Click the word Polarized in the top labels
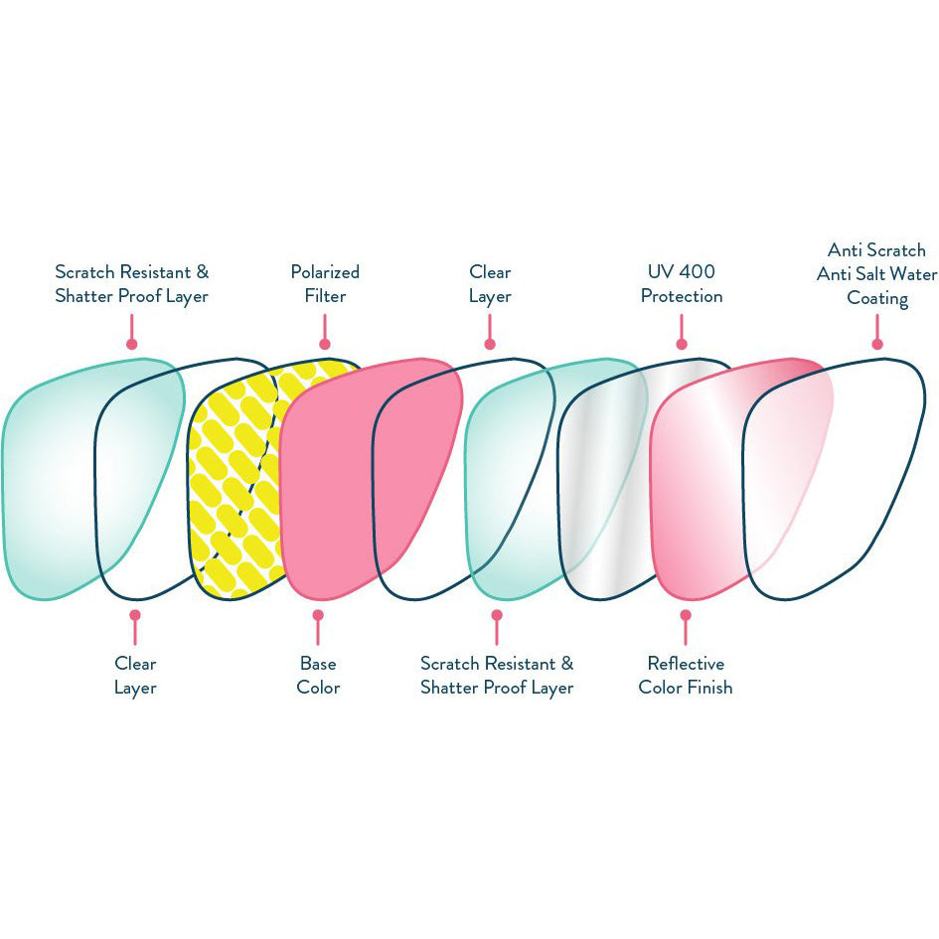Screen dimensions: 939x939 click(325, 272)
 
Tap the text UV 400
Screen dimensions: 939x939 click(681, 272)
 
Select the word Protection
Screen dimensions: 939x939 click(681, 296)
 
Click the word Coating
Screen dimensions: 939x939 click(877, 298)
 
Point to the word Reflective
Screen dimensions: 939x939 click(686, 664)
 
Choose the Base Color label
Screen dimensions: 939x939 click(318, 676)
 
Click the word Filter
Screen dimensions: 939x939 click(325, 296)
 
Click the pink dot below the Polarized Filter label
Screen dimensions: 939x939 click(325, 345)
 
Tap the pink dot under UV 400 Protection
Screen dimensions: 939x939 click(681, 345)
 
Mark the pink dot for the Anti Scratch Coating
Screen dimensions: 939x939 click(877, 345)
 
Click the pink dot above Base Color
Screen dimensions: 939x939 click(318, 614)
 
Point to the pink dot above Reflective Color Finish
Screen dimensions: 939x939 click(685, 614)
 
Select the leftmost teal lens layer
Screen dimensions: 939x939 click(50, 477)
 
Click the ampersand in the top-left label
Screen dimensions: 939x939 click(203, 272)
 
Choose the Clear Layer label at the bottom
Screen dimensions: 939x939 click(135, 676)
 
